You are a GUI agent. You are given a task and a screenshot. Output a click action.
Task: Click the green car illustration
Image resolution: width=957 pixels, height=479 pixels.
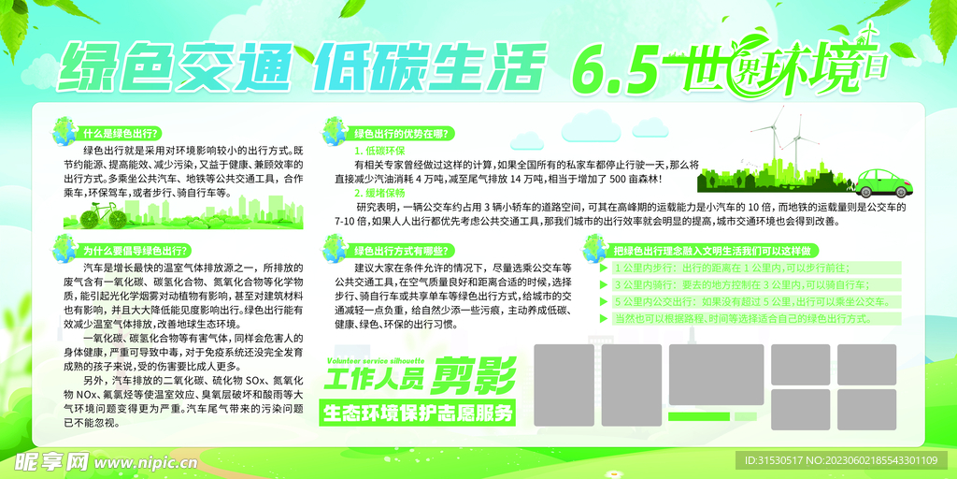click(x=879, y=181)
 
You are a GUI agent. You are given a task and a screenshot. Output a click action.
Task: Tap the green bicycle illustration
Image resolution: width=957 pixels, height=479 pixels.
click(x=103, y=217)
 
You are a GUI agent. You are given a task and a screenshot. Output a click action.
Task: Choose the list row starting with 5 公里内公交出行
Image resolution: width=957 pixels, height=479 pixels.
click(x=748, y=302)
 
